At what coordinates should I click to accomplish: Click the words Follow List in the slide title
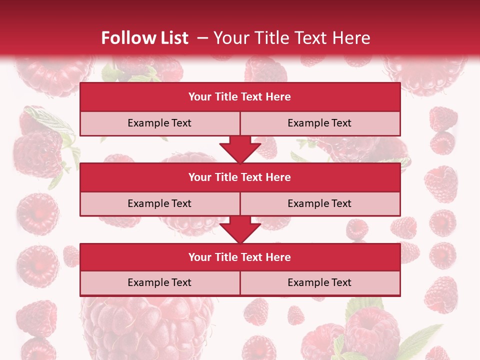point(144,38)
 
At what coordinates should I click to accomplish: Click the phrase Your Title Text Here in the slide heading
point(291,38)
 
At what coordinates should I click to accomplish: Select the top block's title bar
point(240,97)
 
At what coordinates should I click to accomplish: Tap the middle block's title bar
point(240,177)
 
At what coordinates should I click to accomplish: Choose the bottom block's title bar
point(240,257)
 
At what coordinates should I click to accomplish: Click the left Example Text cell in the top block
point(159,123)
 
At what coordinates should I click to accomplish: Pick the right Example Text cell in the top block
point(319,123)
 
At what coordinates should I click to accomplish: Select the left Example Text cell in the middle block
point(159,203)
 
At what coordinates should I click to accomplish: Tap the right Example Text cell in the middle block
point(319,203)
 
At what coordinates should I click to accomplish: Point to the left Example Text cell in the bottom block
point(159,282)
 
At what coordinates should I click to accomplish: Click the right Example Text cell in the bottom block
point(319,282)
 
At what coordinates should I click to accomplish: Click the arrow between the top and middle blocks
point(240,149)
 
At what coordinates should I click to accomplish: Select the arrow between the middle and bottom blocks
point(240,229)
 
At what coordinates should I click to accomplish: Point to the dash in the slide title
point(202,38)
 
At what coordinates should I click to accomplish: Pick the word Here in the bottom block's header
point(278,257)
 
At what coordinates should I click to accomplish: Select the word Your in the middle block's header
point(200,177)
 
